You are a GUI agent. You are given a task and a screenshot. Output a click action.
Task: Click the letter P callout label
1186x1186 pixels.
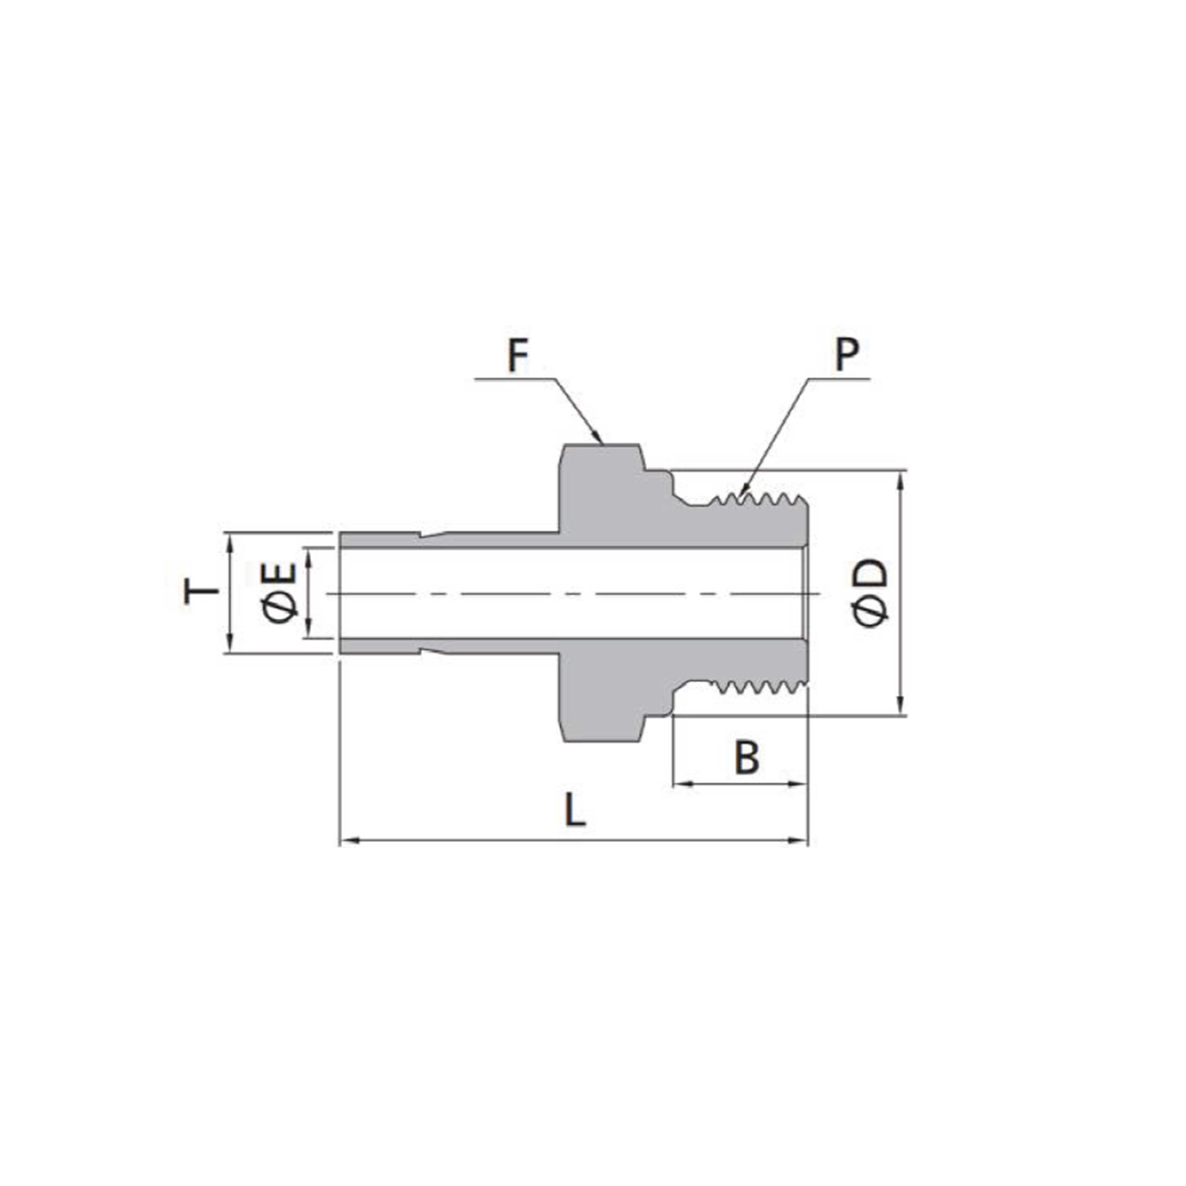coord(846,355)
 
